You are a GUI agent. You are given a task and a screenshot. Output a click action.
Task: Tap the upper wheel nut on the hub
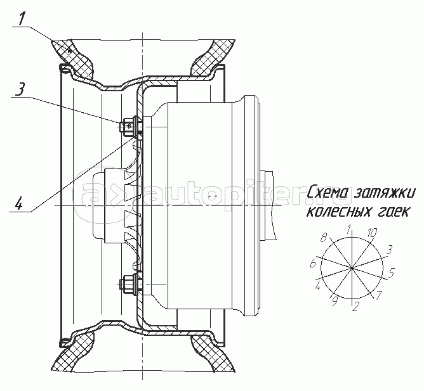[x=130, y=126]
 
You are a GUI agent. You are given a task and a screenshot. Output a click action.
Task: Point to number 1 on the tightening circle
[x=349, y=227]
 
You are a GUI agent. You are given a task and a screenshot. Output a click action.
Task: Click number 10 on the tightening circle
[x=372, y=233]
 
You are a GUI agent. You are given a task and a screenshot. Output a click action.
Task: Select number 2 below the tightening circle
[x=355, y=308]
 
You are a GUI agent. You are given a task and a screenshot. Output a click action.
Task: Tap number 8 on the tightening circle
[x=324, y=238]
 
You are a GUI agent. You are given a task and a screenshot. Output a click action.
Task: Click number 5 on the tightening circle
[x=392, y=273]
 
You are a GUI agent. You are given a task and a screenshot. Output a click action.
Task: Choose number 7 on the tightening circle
[x=378, y=296]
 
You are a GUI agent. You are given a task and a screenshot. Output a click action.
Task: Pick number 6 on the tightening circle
[x=313, y=263]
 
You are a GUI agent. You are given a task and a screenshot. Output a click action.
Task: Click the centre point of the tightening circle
[x=352, y=267]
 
